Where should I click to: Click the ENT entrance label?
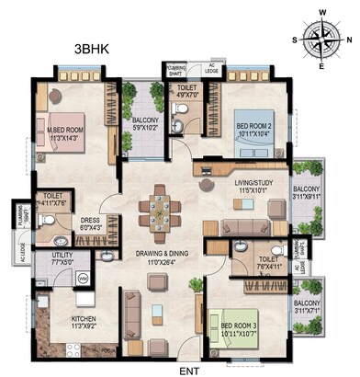(x=189, y=369)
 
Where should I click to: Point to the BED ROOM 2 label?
(x=253, y=129)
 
